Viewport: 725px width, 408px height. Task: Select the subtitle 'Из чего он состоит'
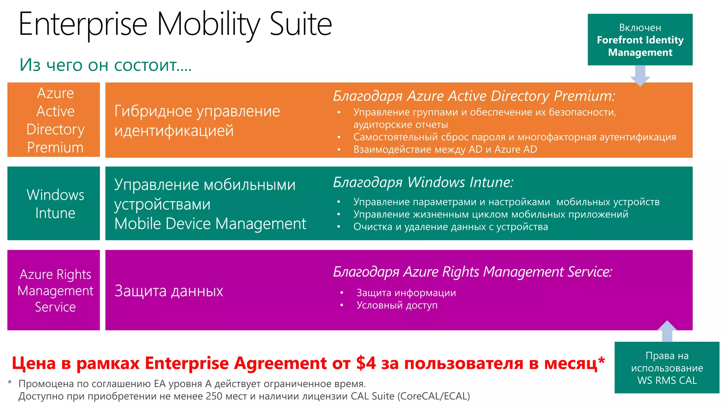click(x=105, y=65)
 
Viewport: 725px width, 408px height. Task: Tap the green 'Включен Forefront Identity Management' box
click(x=640, y=40)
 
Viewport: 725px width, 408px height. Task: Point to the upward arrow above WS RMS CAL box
click(x=667, y=331)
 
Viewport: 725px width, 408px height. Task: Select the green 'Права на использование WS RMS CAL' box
click(x=667, y=368)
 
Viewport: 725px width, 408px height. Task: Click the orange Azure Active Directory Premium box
click(x=54, y=120)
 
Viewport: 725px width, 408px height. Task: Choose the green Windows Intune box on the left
click(x=54, y=203)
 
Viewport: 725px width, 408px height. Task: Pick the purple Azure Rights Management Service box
click(x=54, y=290)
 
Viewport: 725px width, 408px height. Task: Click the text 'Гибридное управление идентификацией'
click(x=197, y=121)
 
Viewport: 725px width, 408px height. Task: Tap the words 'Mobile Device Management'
click(x=210, y=224)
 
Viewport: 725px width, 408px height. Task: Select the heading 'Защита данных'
click(x=169, y=291)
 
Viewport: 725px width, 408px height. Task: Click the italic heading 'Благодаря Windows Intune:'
click(x=423, y=182)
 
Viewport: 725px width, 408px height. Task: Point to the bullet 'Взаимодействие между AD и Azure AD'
click(x=445, y=149)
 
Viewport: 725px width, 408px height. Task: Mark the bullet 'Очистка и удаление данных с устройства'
click(x=450, y=227)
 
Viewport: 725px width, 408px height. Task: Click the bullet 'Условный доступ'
click(x=397, y=305)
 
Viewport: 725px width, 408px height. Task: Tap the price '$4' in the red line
click(x=366, y=363)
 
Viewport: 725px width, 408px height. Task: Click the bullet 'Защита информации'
click(x=406, y=293)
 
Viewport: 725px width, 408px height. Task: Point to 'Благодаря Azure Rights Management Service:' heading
click(x=472, y=272)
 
